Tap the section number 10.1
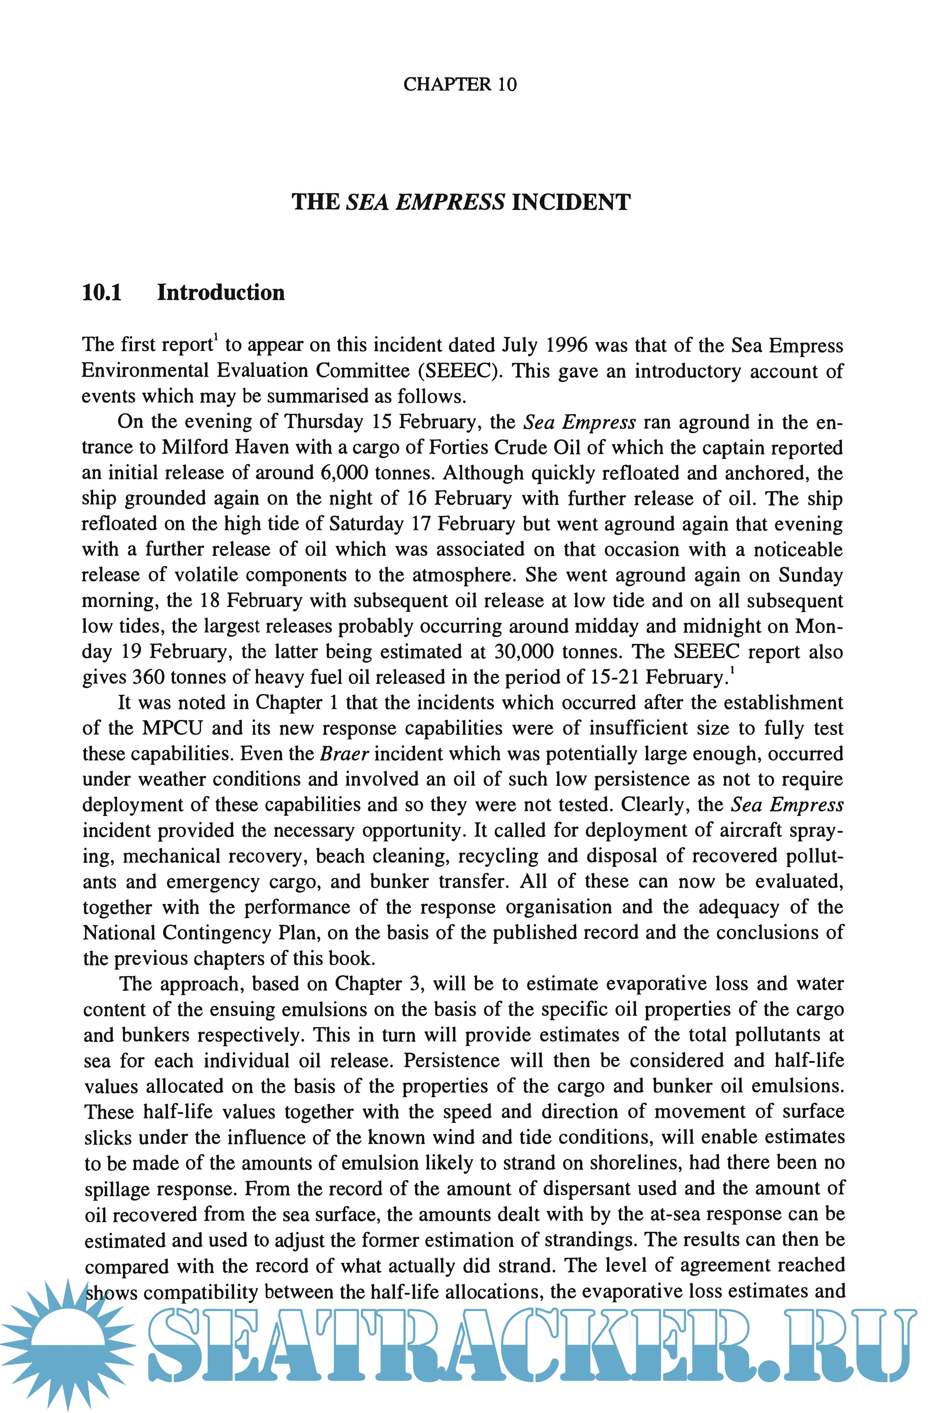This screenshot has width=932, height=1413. tap(102, 292)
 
